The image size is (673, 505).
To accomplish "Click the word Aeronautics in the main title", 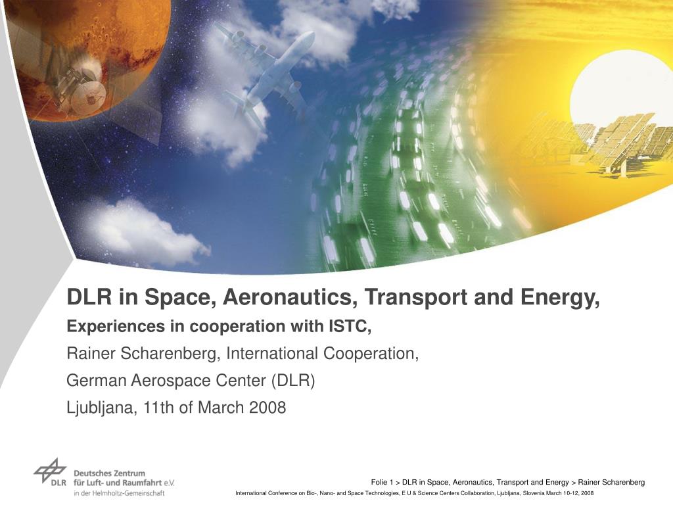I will (290, 298).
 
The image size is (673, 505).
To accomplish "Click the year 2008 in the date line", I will (268, 408).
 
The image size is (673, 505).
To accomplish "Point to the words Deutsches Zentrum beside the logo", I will (109, 473).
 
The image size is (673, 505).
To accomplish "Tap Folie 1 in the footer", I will (383, 482).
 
